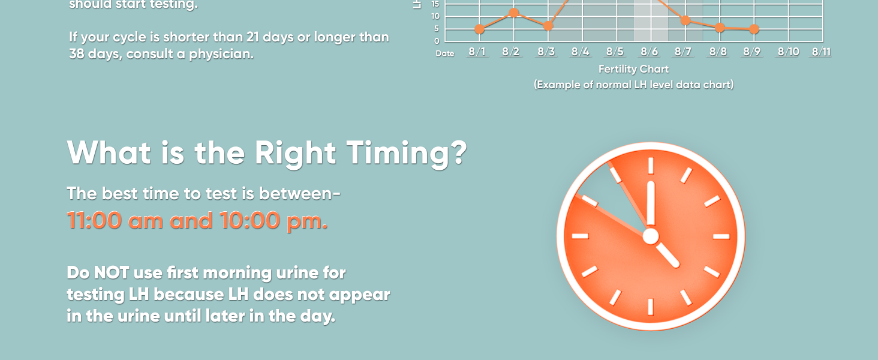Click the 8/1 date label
[477, 52]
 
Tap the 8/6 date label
[650, 52]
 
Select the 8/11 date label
[820, 52]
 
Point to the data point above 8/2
[513, 13]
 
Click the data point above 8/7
[685, 21]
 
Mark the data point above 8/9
[754, 29]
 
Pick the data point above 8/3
[548, 26]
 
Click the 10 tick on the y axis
[435, 16]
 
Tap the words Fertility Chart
[633, 69]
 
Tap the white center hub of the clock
[651, 236]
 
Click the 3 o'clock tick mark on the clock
[721, 236]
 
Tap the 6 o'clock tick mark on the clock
[651, 306]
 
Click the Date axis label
[445, 53]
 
